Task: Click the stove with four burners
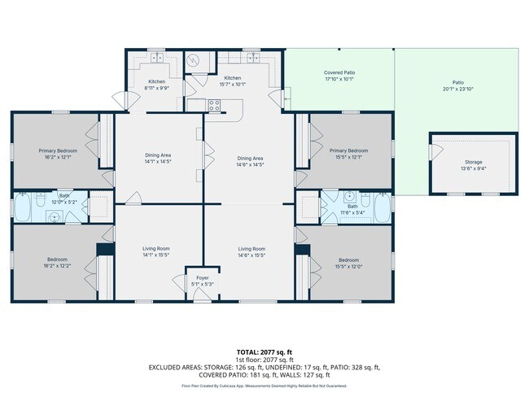tap(216, 104)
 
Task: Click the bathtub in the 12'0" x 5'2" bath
tap(24, 207)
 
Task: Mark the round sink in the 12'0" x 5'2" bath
tap(54, 216)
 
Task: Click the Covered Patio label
tap(339, 73)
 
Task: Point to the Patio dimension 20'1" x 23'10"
tap(458, 88)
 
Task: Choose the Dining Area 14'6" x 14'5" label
tap(250, 161)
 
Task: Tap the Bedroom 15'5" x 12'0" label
tap(348, 264)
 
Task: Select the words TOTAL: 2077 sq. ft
tap(264, 351)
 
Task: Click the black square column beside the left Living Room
tap(103, 250)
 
